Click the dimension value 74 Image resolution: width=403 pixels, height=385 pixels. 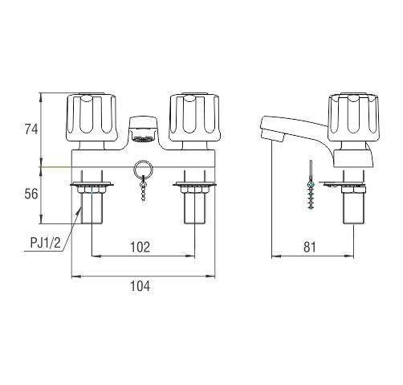coord(31,129)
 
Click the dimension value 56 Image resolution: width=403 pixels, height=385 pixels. coord(31,194)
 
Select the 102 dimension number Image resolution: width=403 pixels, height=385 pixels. coord(140,247)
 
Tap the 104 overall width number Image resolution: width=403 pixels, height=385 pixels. coord(140,286)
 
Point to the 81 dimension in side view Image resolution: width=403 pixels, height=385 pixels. coord(310,247)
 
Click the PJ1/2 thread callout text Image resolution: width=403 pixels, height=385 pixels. coord(46,244)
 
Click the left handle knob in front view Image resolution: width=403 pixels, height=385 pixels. coord(92,117)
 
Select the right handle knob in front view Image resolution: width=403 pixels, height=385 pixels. coord(194,117)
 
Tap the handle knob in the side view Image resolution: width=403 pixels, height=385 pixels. coord(353,117)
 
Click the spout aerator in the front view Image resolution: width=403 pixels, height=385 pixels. coord(143,129)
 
